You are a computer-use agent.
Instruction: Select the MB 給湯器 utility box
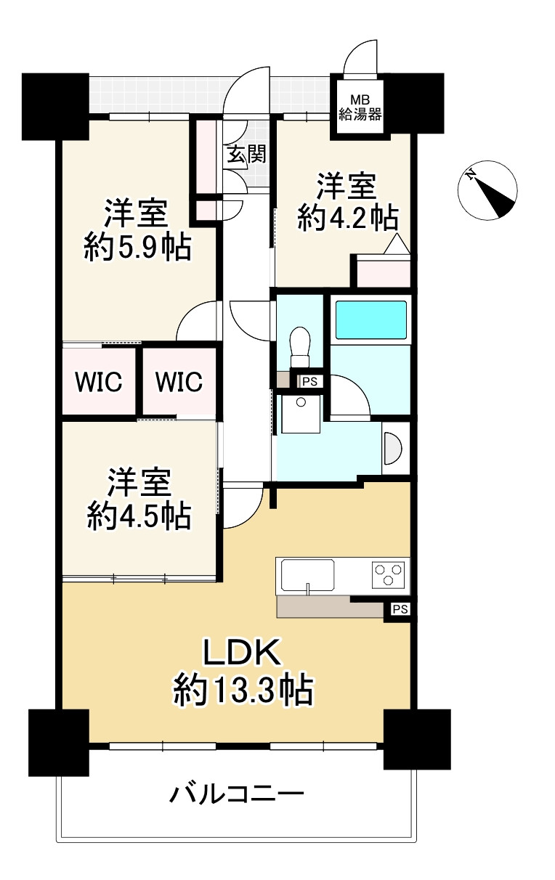[x=357, y=107]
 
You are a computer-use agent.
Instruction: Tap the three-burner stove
[x=390, y=574]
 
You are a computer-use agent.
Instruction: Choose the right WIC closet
[x=179, y=382]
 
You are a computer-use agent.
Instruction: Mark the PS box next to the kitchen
[x=400, y=609]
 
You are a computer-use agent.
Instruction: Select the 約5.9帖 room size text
[x=136, y=248]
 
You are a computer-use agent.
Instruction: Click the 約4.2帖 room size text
[x=347, y=218]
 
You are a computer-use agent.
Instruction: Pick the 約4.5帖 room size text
[x=139, y=516]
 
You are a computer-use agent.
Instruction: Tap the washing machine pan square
[x=300, y=413]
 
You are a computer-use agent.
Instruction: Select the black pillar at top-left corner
[x=55, y=106]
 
